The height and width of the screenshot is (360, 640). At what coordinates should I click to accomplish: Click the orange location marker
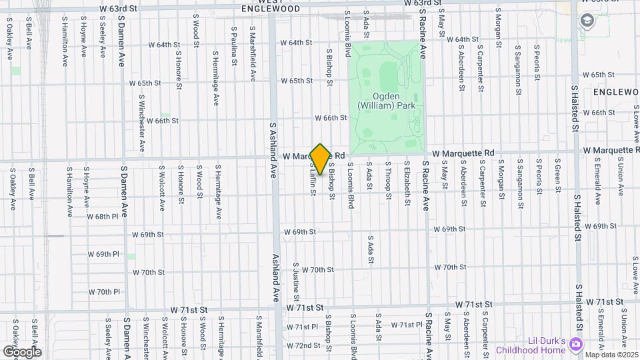320,159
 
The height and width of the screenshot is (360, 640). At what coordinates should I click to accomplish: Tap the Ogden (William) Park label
387,101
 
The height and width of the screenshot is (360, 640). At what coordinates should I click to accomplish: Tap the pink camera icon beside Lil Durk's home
577,344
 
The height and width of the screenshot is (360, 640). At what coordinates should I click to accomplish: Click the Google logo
21,351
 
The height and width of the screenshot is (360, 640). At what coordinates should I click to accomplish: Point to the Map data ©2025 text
611,354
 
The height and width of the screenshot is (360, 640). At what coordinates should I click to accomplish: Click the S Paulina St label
234,47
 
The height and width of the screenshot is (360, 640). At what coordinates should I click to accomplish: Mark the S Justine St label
295,280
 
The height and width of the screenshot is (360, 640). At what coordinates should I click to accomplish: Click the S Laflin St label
312,181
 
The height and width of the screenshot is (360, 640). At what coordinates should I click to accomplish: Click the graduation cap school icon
587,20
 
